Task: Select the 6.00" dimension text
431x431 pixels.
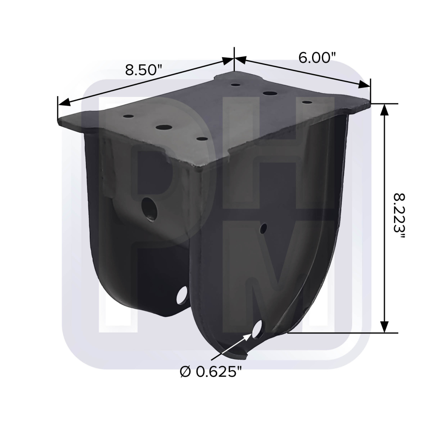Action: point(317,57)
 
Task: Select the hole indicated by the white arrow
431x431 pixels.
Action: point(259,330)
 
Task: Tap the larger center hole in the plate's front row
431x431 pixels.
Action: point(164,127)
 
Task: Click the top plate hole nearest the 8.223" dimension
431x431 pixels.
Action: point(307,102)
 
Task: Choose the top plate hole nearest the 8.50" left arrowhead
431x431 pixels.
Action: point(128,116)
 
